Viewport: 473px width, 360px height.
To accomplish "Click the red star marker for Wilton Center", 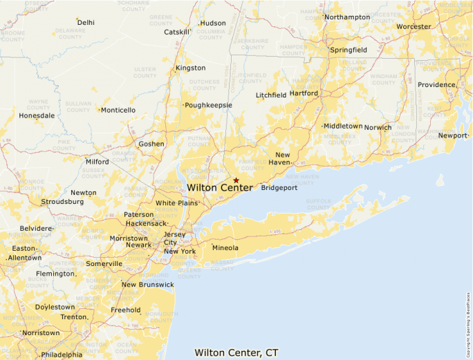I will [x=236, y=180].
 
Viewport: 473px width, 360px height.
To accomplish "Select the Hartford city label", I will [x=304, y=93].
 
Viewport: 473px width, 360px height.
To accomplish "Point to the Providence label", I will [x=436, y=85].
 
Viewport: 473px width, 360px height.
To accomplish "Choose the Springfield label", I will [x=348, y=50].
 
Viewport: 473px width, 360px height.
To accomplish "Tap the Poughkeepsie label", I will [x=208, y=105].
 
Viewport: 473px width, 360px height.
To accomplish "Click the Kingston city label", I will [x=191, y=68].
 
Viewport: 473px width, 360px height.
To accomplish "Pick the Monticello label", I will [x=118, y=110].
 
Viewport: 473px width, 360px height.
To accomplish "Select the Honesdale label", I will [x=37, y=115].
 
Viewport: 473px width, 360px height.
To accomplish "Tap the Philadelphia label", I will [x=62, y=354].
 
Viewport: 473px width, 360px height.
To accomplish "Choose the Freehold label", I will [x=126, y=310].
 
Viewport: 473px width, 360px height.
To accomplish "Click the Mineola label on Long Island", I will [x=225, y=247].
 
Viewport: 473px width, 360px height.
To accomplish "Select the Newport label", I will [x=453, y=135].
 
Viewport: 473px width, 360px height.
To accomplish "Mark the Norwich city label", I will [x=378, y=127].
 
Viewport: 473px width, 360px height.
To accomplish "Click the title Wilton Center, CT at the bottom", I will [x=236, y=352].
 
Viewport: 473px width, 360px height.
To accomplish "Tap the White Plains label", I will [x=176, y=203].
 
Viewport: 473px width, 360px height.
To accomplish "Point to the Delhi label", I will [x=86, y=22].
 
